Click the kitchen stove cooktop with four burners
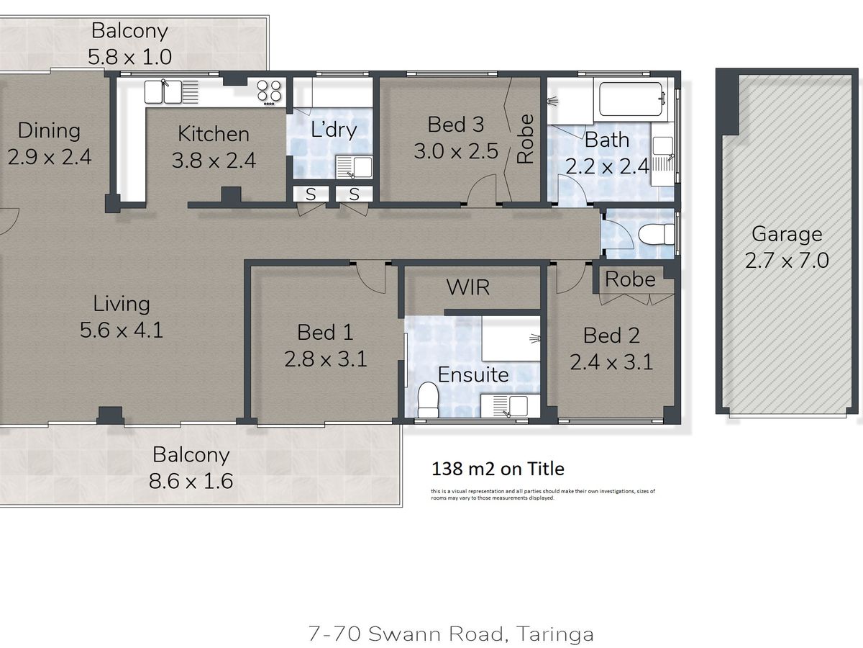[270, 91]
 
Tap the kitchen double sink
[171, 91]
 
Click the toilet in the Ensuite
[429, 397]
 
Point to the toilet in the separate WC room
[653, 234]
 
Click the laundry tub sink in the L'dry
[354, 167]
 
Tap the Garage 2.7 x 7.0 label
[786, 247]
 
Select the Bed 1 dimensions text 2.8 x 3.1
[325, 358]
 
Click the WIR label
[467, 287]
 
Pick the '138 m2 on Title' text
[498, 469]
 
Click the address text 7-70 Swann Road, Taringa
[451, 634]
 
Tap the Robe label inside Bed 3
[526, 139]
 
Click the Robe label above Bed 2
[630, 279]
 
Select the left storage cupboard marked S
[311, 194]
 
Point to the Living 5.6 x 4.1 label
[121, 317]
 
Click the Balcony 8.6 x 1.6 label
[191, 467]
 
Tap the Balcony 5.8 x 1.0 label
[129, 43]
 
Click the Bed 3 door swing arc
[478, 192]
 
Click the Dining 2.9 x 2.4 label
[49, 143]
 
